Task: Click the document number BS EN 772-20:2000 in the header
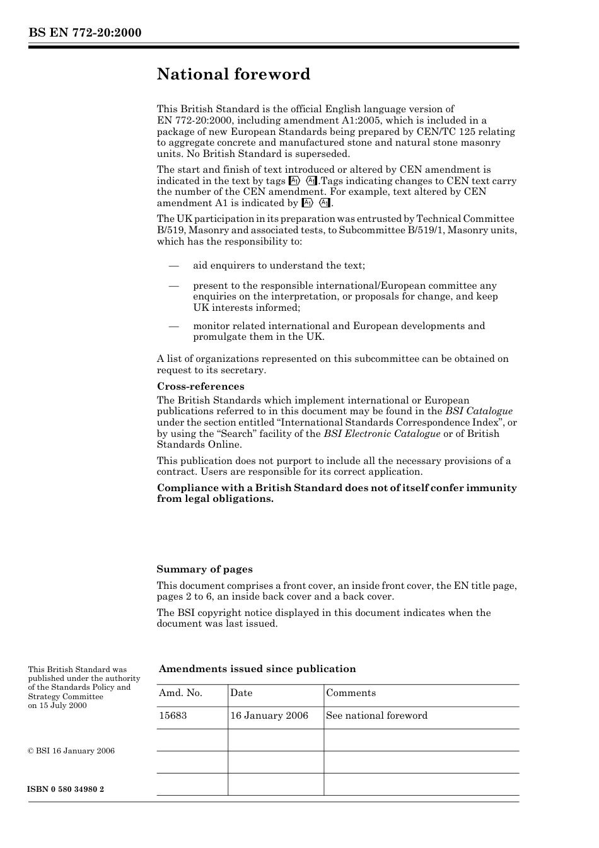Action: [84, 33]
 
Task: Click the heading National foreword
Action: [233, 74]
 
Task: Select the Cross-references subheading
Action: [200, 386]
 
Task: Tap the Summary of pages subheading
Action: [204, 569]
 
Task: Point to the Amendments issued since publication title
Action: [257, 669]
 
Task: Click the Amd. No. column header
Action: [180, 693]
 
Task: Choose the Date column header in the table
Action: [241, 693]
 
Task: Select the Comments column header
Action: [351, 693]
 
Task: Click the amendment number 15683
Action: [173, 716]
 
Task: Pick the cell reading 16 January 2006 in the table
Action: [269, 716]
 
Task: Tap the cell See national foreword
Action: [376, 716]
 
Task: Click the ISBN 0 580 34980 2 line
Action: [66, 789]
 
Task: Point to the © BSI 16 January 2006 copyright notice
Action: [71, 751]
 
